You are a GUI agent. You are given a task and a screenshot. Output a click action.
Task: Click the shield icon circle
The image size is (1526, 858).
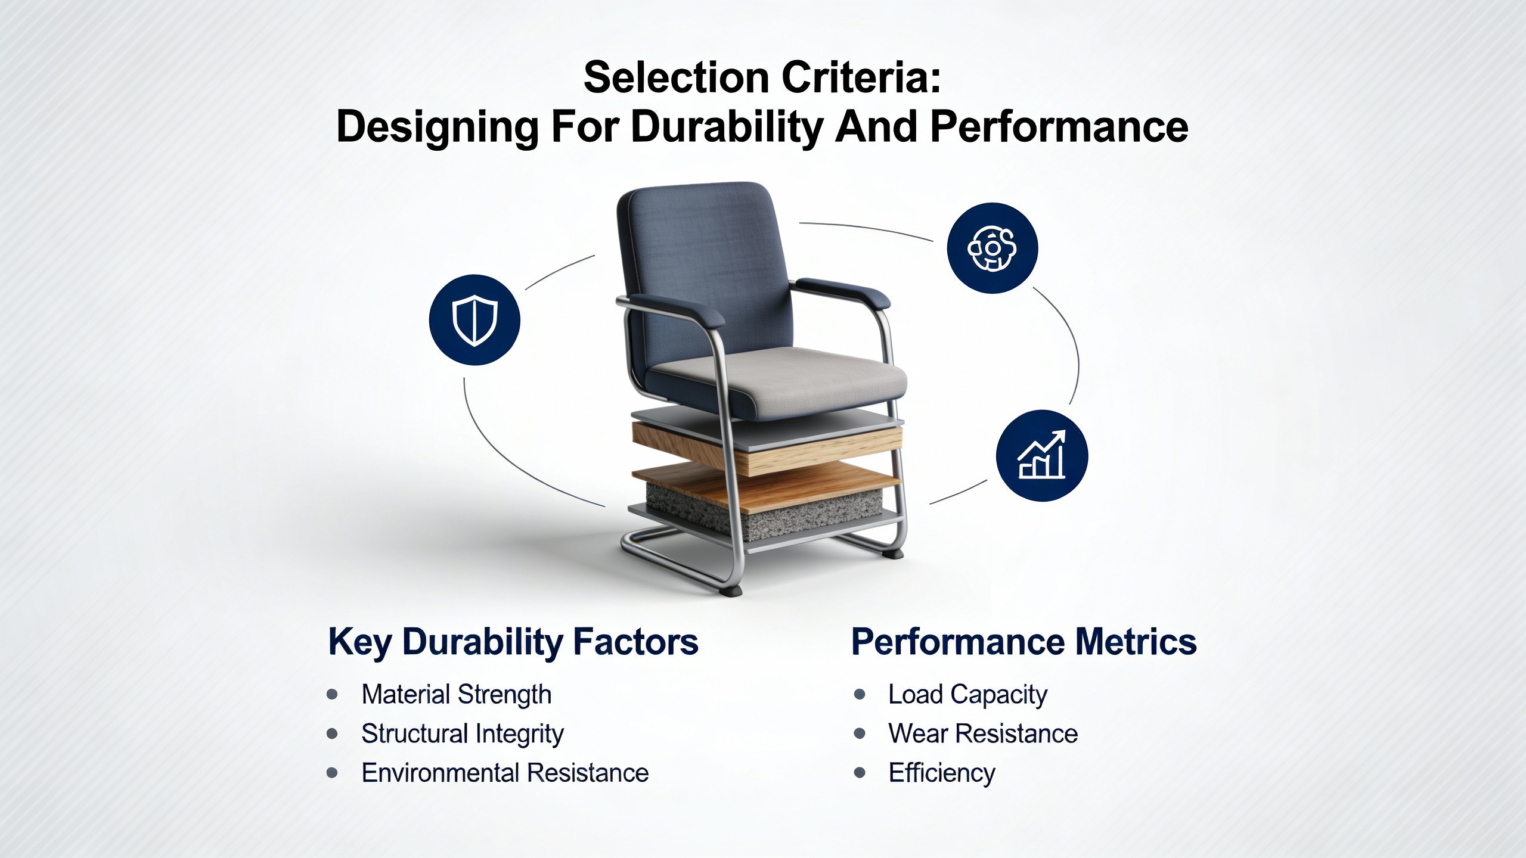coord(474,320)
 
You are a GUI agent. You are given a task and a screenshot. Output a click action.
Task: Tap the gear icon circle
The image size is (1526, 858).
coord(992,248)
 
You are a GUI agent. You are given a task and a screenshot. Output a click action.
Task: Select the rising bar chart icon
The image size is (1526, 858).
coord(1042,456)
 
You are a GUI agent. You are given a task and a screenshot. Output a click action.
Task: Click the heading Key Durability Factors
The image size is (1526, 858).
coord(513,643)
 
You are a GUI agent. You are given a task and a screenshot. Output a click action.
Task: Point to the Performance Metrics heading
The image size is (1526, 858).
coord(1023,642)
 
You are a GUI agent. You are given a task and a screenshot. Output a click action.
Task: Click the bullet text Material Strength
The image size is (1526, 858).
coord(456,695)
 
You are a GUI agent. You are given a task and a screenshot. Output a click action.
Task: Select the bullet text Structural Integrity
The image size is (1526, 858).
coord(462,734)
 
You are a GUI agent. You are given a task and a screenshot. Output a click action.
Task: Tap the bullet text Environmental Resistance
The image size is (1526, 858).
coord(505,773)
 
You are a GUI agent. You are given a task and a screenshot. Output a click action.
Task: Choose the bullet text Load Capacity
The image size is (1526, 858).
coord(967,695)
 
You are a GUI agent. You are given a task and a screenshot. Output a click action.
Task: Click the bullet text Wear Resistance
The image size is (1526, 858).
coord(983,733)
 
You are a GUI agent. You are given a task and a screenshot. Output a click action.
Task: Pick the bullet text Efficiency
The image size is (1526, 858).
coord(942,773)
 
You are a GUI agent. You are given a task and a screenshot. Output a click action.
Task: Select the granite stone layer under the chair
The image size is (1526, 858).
coord(763,509)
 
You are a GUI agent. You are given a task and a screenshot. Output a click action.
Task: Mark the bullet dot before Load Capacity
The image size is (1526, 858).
coord(860,695)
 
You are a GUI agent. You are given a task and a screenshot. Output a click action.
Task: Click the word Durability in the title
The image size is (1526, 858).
coord(727,128)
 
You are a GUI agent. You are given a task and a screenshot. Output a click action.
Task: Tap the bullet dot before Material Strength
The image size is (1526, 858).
coord(333,695)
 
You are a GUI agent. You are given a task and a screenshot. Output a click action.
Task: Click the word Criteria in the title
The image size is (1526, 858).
coord(855,77)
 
